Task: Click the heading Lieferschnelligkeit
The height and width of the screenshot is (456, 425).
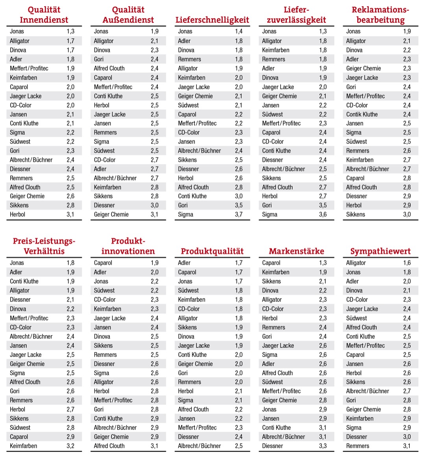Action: (x=212, y=20)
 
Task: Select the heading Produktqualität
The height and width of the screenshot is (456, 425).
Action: (x=212, y=251)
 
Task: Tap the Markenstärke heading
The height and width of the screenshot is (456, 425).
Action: (x=296, y=251)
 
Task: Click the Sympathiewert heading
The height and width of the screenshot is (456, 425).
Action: (x=380, y=251)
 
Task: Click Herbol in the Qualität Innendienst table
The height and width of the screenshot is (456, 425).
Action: (x=17, y=215)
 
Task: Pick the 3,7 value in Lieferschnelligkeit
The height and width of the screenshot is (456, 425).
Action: (x=238, y=215)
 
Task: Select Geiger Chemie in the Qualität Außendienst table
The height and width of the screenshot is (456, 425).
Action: (x=111, y=215)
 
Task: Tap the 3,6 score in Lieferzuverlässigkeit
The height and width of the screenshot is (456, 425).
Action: (x=323, y=215)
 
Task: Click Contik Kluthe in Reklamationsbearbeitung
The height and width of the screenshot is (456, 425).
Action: (x=362, y=115)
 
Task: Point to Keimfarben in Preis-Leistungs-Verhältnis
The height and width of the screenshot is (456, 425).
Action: (x=23, y=446)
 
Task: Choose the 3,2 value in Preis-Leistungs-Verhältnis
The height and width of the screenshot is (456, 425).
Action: (x=70, y=446)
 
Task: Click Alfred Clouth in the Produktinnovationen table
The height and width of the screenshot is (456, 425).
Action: (x=109, y=446)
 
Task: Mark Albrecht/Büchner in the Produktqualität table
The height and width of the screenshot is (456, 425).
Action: (x=199, y=446)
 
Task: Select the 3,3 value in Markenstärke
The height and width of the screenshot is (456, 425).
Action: (x=323, y=446)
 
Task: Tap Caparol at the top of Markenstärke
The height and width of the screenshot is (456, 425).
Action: (x=271, y=263)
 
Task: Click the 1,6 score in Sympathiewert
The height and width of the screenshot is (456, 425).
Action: (x=407, y=263)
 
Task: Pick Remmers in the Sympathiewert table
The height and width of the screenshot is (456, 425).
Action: (x=357, y=446)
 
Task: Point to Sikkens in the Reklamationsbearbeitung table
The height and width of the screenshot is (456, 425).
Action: (x=355, y=215)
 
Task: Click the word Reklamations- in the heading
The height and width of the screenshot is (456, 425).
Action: (x=380, y=10)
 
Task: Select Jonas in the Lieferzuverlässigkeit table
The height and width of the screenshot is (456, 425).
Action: (x=269, y=32)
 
